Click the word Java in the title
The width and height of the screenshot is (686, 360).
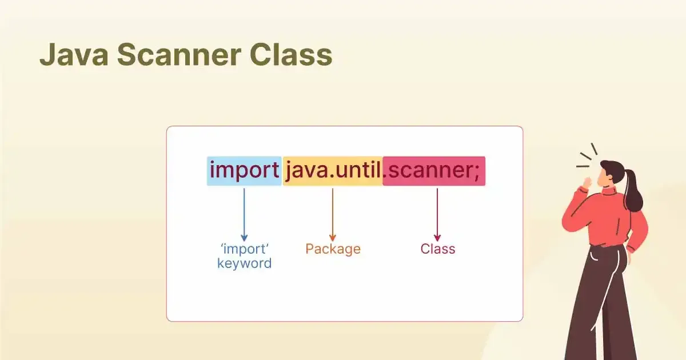pos(74,54)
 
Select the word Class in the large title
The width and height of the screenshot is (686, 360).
pos(291,54)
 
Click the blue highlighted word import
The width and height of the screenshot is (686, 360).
pos(244,171)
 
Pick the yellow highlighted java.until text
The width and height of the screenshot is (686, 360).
pos(333,171)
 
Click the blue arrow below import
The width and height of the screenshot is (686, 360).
pos(244,215)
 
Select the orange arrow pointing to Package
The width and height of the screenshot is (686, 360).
pos(333,215)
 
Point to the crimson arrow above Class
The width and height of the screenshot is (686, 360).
pos(437,215)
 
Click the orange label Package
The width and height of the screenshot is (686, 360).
pos(333,249)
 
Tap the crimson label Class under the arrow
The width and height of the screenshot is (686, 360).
pos(438,249)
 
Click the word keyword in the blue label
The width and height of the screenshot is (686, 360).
pos(245,263)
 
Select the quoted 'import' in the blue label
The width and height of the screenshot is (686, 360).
pos(245,249)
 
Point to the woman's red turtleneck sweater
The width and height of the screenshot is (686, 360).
pos(605,218)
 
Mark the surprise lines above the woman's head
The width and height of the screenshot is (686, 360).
pos(587,155)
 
